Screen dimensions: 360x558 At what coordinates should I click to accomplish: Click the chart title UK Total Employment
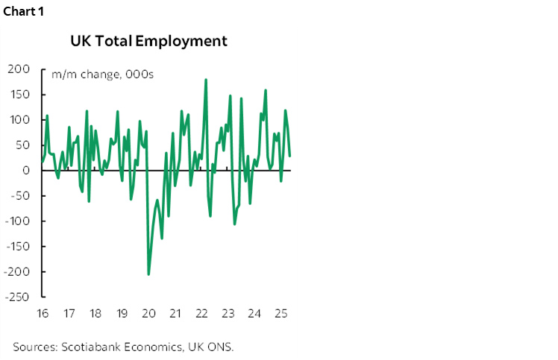(x=148, y=41)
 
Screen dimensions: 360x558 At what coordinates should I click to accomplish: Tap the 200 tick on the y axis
(x=19, y=69)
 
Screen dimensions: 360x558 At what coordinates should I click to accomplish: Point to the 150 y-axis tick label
(x=19, y=95)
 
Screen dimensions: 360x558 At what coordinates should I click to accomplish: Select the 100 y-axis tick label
(x=19, y=120)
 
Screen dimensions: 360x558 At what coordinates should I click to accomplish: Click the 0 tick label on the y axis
(x=25, y=171)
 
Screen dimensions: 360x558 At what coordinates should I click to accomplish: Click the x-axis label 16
(x=42, y=313)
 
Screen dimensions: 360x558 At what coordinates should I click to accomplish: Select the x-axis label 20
(x=148, y=313)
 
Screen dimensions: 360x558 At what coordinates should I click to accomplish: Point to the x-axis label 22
(x=201, y=313)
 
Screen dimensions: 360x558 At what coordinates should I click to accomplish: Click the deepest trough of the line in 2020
(x=148, y=274)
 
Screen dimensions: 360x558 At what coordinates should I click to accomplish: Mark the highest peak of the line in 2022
(x=206, y=80)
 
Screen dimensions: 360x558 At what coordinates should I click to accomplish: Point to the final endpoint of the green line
(x=289, y=156)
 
